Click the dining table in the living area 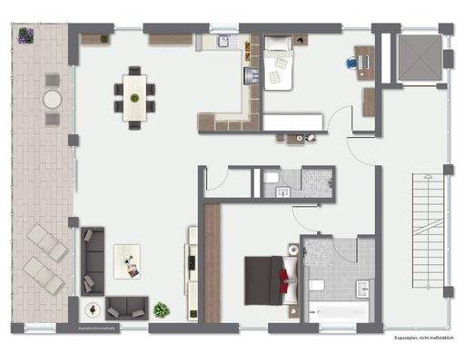pos(134,93)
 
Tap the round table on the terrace pos(53,97)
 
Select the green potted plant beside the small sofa pos(162,309)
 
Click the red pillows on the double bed pos(288,271)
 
